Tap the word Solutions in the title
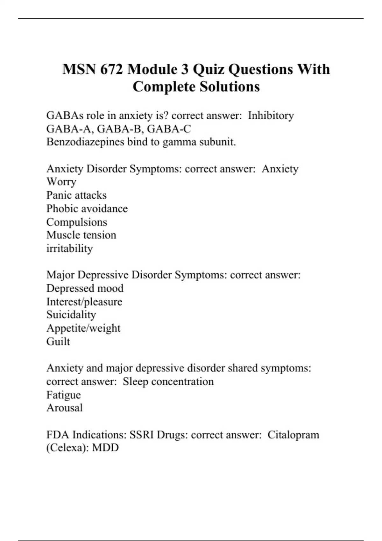(x=230, y=87)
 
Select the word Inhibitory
(x=271, y=115)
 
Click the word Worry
(x=61, y=182)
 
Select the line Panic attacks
(x=76, y=195)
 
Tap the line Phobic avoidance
(x=87, y=208)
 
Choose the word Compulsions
(x=76, y=222)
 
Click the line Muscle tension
(x=81, y=235)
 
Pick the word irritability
(x=69, y=248)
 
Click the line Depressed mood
(x=85, y=288)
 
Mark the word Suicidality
(x=71, y=314)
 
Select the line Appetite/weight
(x=83, y=328)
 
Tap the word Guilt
(x=58, y=341)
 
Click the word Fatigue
(x=63, y=395)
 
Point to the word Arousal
(x=64, y=408)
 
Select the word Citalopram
(x=293, y=434)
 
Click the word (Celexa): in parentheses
(x=67, y=448)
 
